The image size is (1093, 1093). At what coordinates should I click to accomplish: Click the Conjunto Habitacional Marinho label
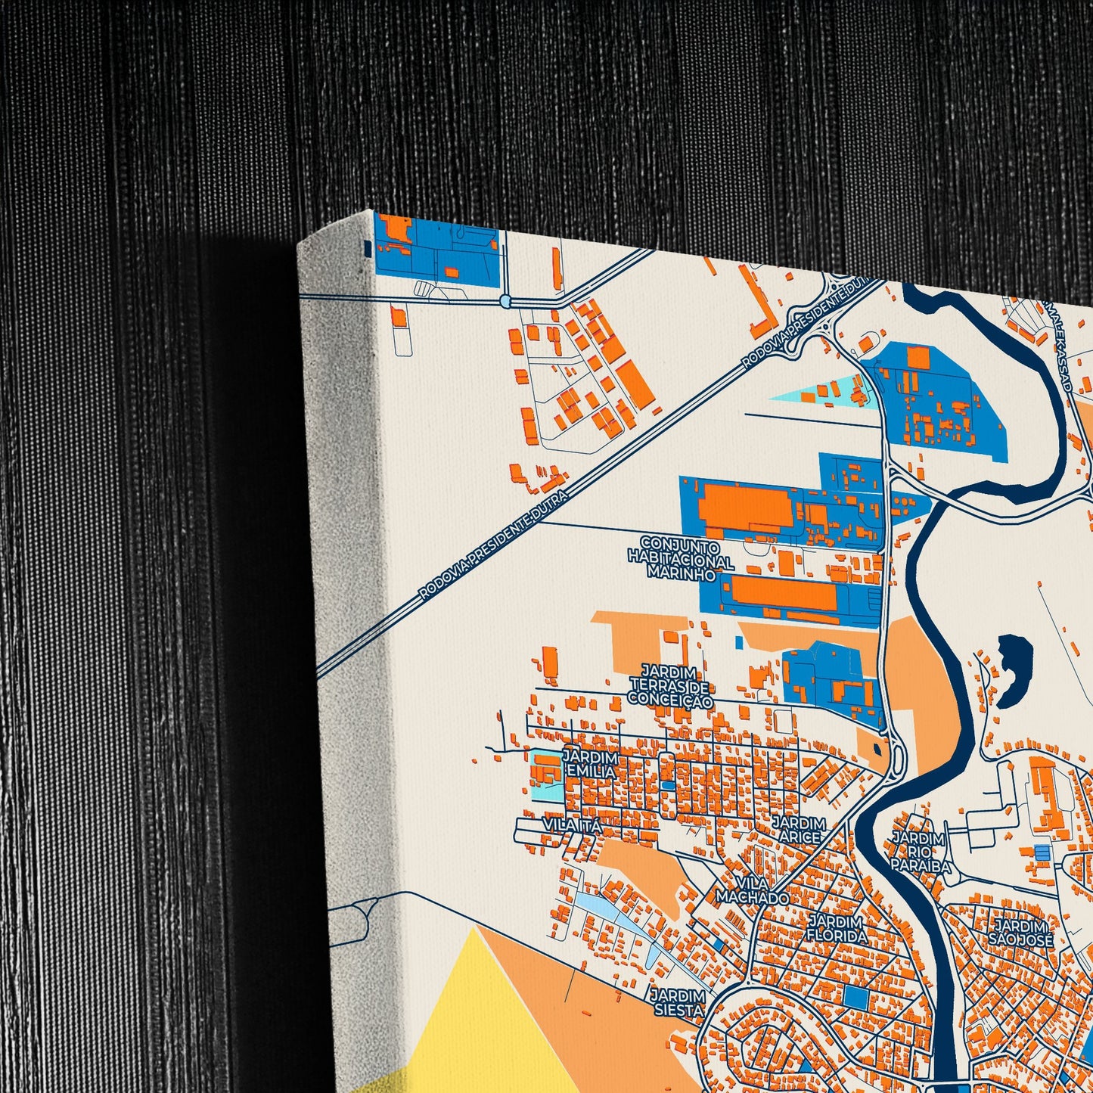[680, 559]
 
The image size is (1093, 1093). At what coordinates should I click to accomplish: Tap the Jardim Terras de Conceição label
[670, 686]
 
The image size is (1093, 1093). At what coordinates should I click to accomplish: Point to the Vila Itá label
[573, 825]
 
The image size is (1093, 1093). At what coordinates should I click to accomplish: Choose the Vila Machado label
[753, 891]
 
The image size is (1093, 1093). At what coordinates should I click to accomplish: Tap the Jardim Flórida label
[837, 929]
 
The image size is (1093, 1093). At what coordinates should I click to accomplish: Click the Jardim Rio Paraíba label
[919, 852]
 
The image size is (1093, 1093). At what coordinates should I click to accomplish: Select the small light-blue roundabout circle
[505, 301]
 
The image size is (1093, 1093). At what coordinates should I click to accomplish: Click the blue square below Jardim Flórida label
[856, 997]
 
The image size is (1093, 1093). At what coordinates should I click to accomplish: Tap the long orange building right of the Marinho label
[784, 595]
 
